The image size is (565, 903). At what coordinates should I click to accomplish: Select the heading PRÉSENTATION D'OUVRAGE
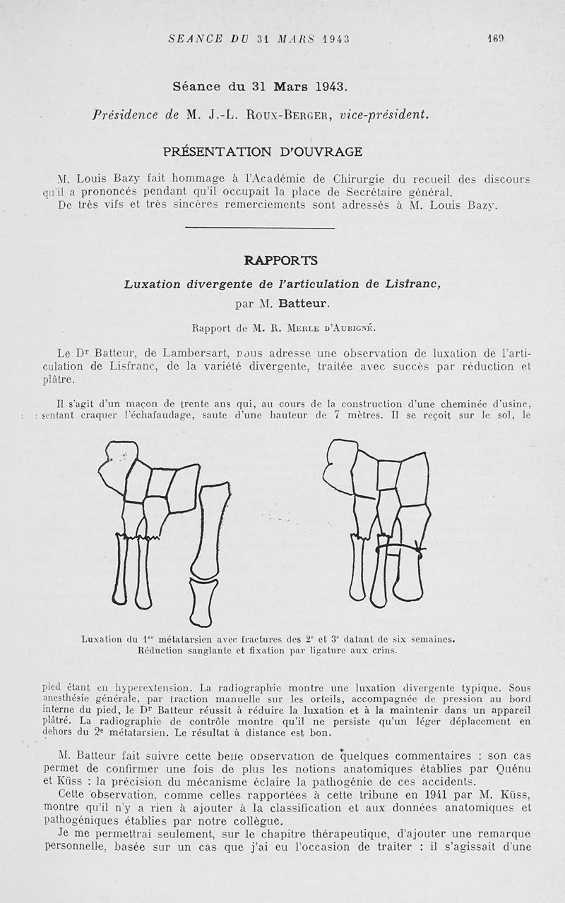click(263, 152)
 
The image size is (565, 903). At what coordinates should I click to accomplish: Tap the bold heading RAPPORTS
click(271, 260)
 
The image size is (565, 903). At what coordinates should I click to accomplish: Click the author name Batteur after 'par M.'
click(301, 305)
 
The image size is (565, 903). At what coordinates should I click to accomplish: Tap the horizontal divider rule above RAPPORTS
click(259, 228)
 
